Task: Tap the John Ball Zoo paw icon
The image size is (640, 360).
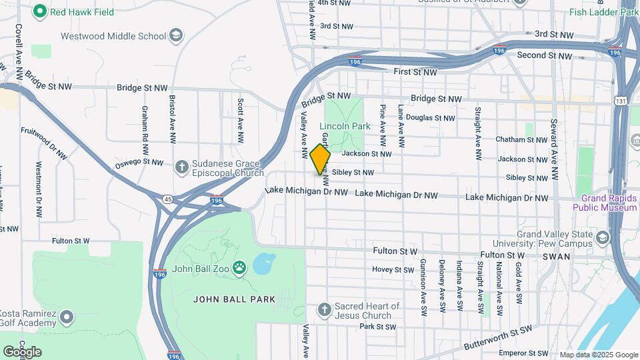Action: (x=239, y=269)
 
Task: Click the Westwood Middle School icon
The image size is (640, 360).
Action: (x=176, y=36)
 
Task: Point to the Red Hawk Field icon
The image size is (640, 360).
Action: (x=40, y=11)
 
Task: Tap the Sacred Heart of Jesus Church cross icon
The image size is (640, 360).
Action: (x=325, y=310)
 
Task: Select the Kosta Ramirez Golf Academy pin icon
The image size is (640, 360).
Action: (x=66, y=316)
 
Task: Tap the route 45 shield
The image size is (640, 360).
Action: (x=167, y=198)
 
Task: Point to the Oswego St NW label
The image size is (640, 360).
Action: (x=139, y=163)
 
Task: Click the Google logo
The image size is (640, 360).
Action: (x=22, y=351)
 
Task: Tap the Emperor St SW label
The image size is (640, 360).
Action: (x=523, y=352)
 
